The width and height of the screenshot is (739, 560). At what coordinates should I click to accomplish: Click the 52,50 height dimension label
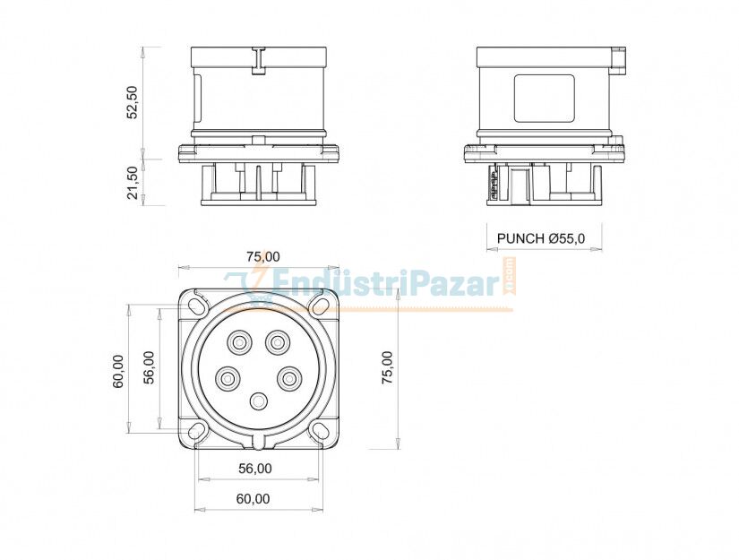click(133, 103)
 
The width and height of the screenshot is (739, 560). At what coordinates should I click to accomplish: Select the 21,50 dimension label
click(133, 183)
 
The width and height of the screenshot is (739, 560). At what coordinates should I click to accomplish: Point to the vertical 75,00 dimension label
click(387, 368)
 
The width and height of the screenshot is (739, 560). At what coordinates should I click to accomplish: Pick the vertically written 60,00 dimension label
click(118, 370)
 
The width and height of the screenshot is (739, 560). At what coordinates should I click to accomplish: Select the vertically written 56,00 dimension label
click(149, 366)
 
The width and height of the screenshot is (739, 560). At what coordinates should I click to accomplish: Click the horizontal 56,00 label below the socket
click(255, 468)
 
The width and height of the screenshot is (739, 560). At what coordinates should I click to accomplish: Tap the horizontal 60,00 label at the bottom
click(255, 498)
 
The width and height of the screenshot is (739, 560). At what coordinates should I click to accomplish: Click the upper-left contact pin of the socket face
click(239, 341)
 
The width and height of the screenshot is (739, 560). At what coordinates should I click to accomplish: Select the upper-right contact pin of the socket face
click(279, 341)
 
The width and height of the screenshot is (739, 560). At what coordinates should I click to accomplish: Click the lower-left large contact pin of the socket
click(228, 378)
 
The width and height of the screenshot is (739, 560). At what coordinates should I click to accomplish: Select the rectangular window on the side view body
click(544, 98)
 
